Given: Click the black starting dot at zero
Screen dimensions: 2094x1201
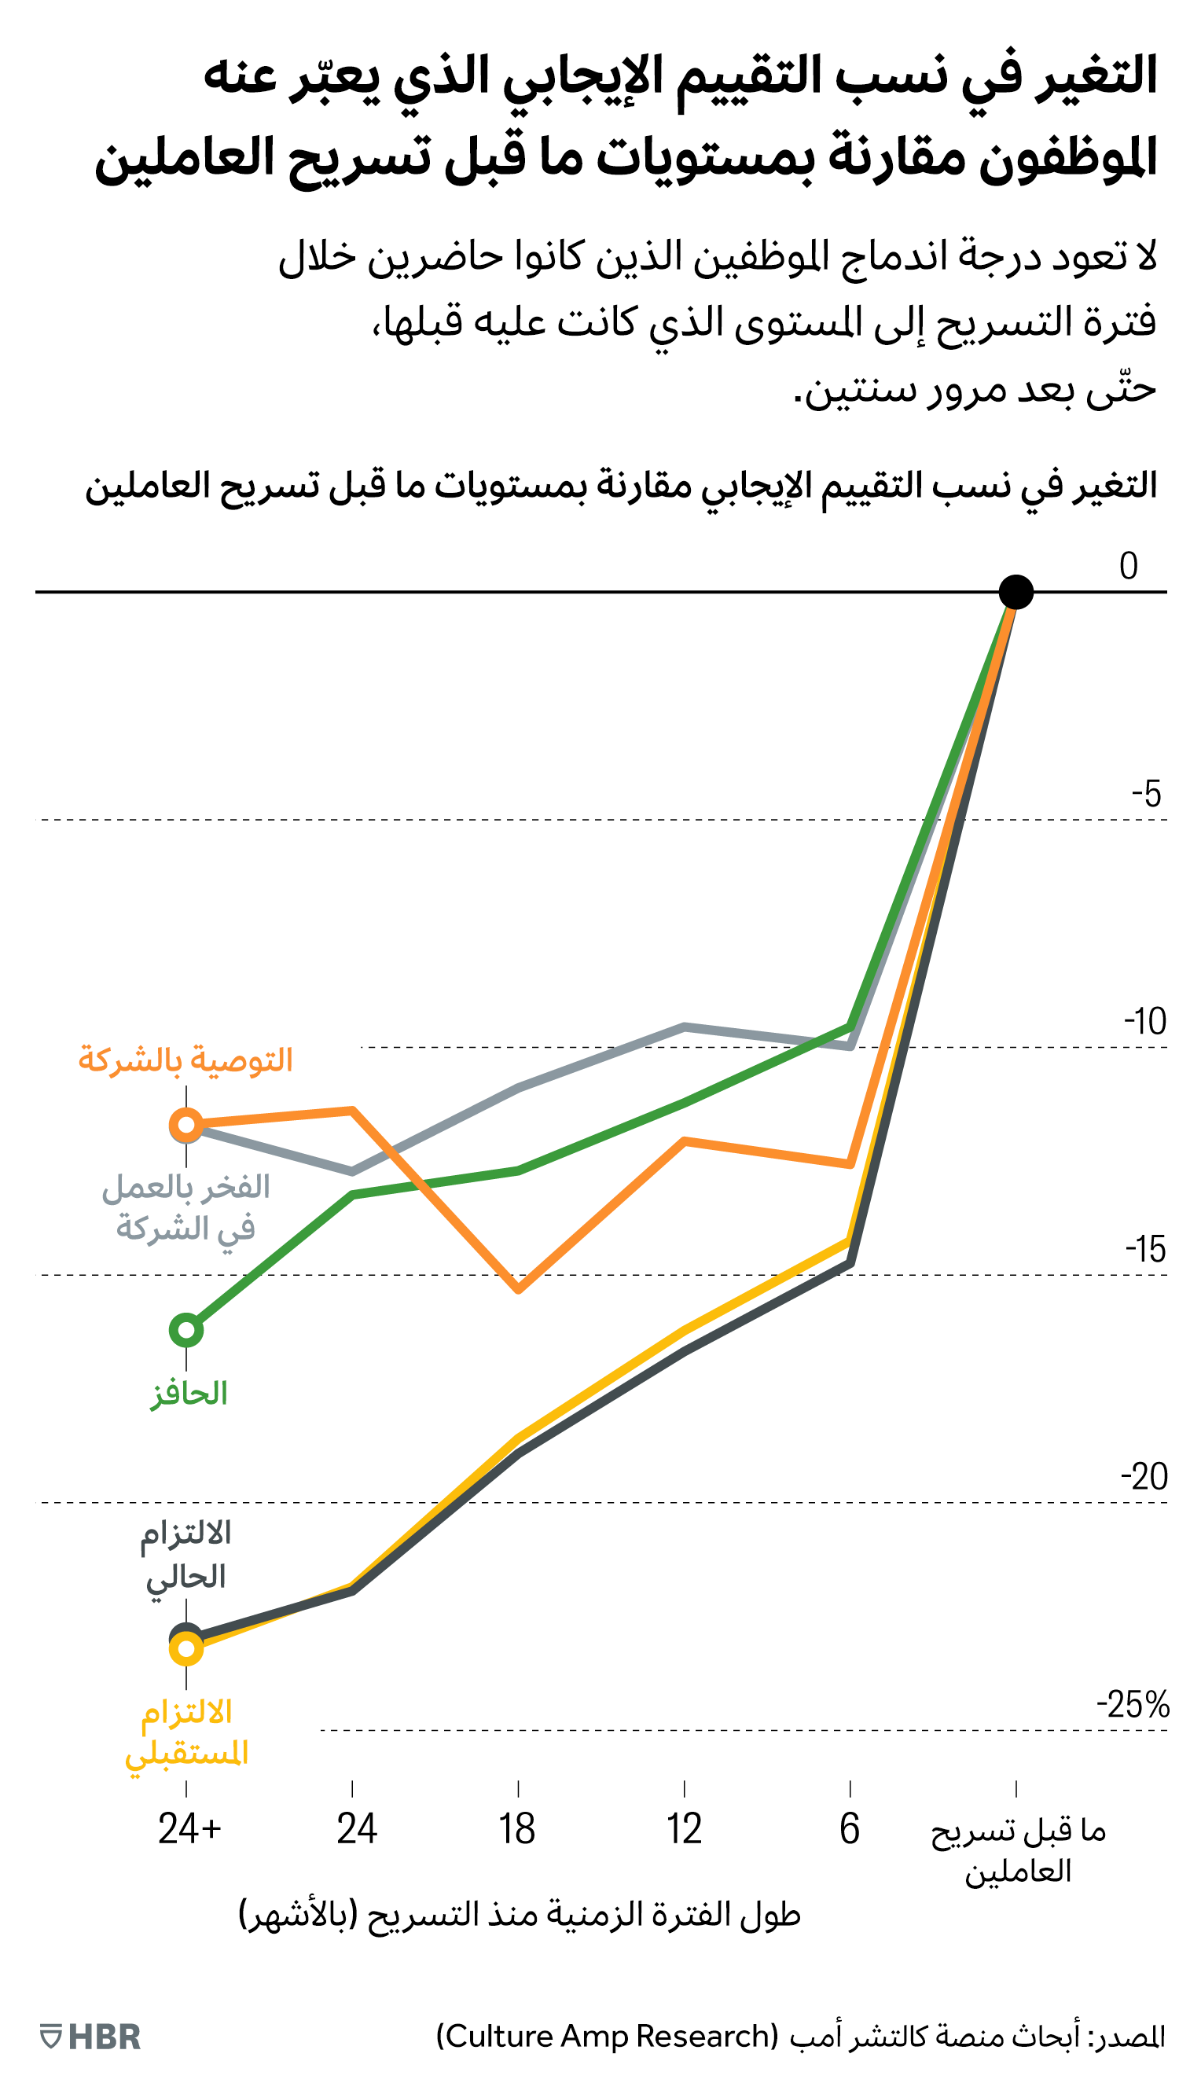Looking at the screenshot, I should (x=1016, y=592).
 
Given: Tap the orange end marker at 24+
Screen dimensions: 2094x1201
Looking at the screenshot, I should (x=186, y=1124).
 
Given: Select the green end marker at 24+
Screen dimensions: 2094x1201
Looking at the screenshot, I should (x=186, y=1329).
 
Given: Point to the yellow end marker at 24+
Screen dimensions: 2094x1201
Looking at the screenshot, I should (x=186, y=1648).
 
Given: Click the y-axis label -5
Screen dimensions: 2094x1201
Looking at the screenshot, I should (x=1146, y=794).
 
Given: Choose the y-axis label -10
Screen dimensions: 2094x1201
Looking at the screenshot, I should (x=1145, y=1022).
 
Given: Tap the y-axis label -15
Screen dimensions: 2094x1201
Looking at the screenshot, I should (x=1145, y=1250).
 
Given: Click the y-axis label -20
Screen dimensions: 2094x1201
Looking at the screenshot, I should (x=1144, y=1477).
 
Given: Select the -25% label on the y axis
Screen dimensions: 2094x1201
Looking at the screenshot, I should (x=1133, y=1704).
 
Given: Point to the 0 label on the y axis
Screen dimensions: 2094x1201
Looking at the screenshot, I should (x=1129, y=567).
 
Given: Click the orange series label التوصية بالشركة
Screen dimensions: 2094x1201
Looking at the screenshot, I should (x=185, y=1060).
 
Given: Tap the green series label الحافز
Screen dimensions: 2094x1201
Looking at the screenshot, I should (x=189, y=1394).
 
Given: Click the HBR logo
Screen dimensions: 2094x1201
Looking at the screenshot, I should (x=90, y=2037).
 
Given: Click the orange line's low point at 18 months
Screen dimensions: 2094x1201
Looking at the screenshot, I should (x=518, y=1289).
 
